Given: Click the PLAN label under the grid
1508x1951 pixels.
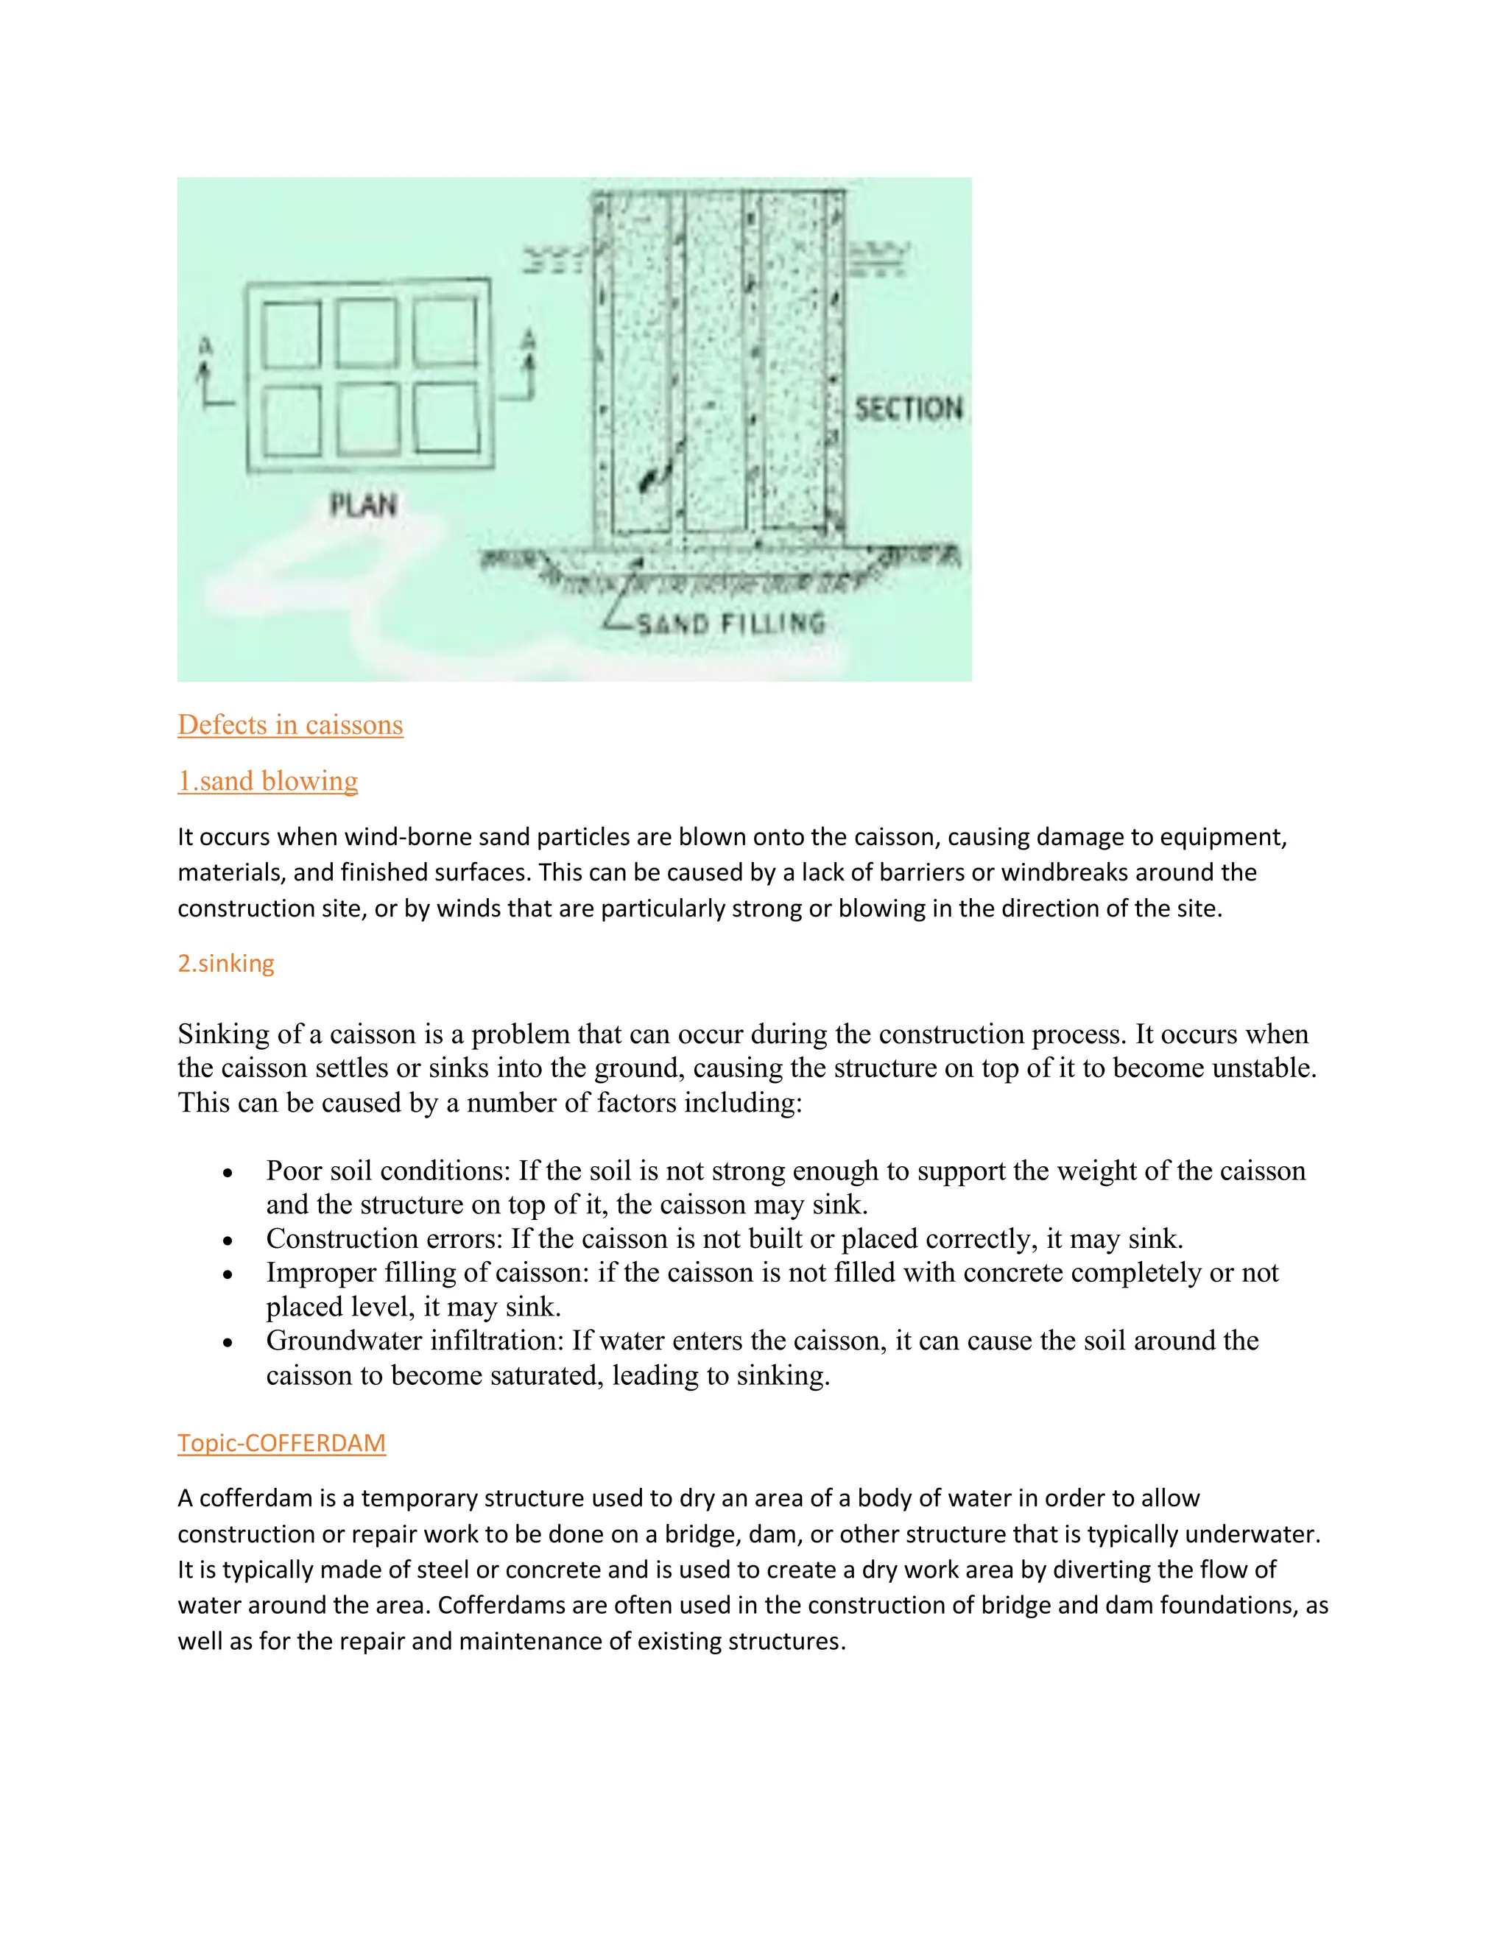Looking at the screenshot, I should coord(364,505).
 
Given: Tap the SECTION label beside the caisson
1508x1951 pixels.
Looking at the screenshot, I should coord(908,409).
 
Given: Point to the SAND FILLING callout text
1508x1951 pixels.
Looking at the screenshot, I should coord(730,623).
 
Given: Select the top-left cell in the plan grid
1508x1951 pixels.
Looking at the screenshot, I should coord(292,335).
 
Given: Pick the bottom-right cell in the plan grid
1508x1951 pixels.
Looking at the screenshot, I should coord(447,418).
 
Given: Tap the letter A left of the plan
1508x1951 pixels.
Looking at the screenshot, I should coord(205,346).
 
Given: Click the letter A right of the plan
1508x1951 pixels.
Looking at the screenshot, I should coord(529,340).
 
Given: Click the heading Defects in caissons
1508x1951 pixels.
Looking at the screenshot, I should coord(290,724).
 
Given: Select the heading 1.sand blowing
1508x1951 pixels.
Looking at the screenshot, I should coord(268,780).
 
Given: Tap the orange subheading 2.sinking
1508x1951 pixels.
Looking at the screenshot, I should coord(226,963).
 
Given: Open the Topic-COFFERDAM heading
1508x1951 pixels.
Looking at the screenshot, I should coord(281,1443).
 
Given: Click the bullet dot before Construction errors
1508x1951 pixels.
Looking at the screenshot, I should coord(229,1241).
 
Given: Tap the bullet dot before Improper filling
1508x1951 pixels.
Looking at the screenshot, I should coord(229,1274).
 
